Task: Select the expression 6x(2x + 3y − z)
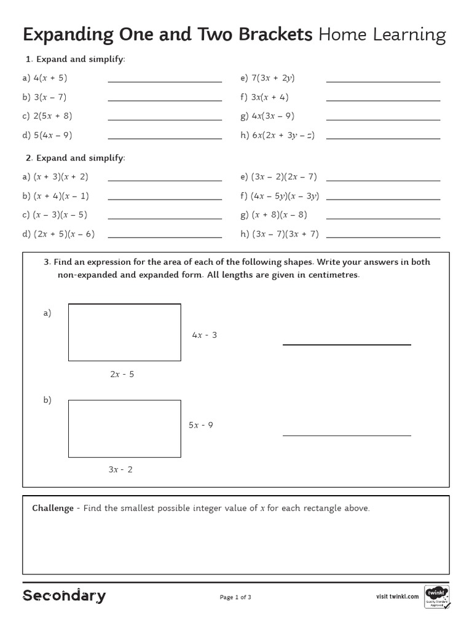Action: click(x=283, y=135)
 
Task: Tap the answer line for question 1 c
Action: click(x=165, y=120)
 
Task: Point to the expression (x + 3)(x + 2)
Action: click(x=61, y=177)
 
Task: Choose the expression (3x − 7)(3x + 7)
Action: click(x=285, y=234)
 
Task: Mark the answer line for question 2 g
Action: click(x=383, y=219)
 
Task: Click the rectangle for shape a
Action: click(x=124, y=332)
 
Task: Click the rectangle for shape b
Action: click(x=124, y=429)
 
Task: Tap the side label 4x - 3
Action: click(x=204, y=335)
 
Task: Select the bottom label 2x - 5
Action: click(x=122, y=374)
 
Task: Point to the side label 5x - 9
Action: click(x=200, y=425)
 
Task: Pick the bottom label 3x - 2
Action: click(x=120, y=470)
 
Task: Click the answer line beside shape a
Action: click(x=347, y=344)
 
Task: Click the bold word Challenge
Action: click(x=53, y=509)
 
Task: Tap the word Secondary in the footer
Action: click(x=64, y=596)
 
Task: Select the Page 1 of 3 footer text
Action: click(x=235, y=597)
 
